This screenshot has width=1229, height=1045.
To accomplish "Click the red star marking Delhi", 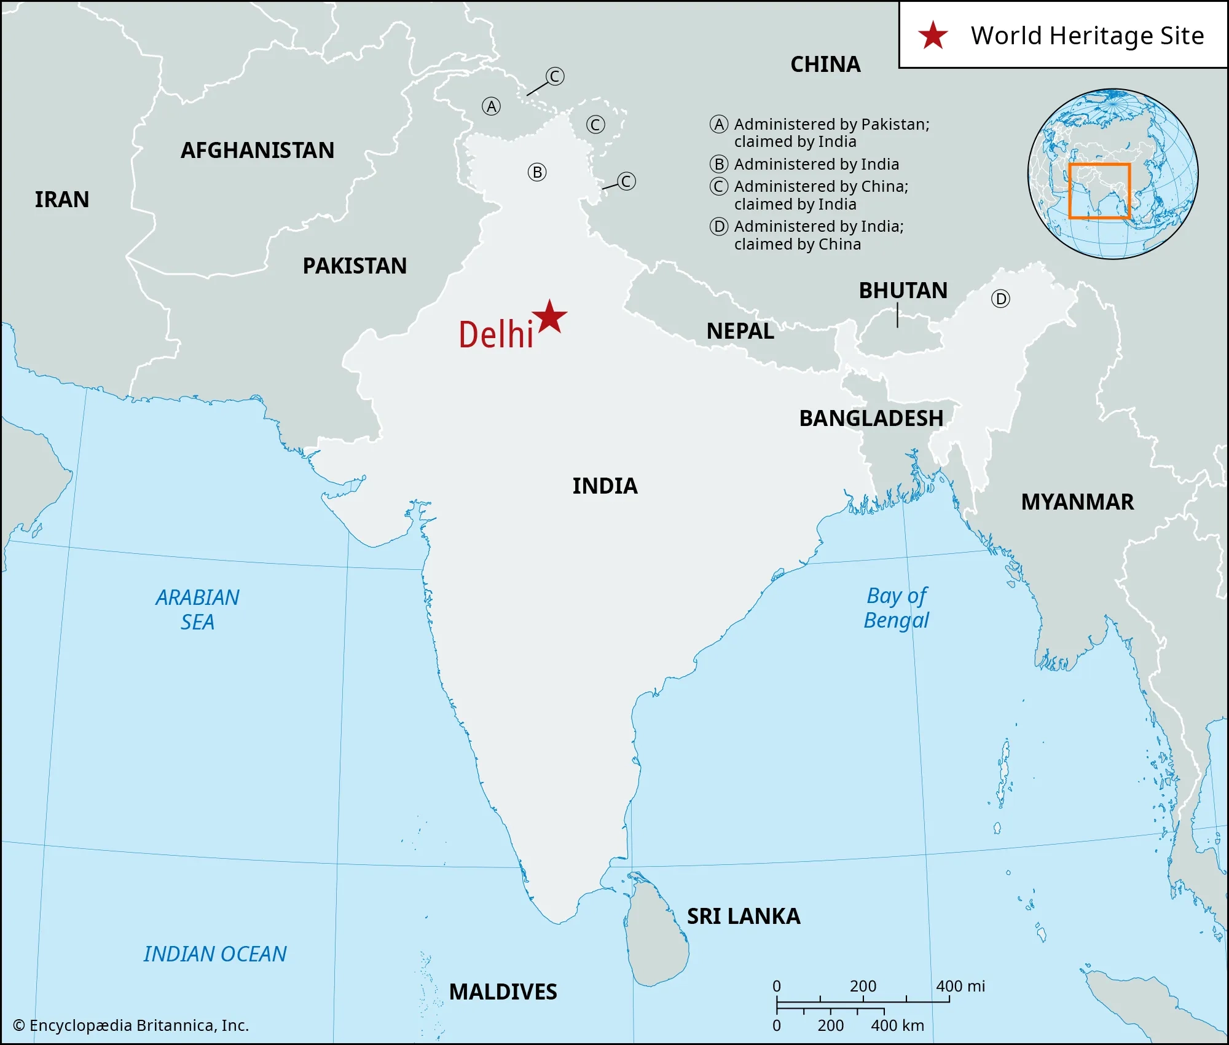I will pos(549,318).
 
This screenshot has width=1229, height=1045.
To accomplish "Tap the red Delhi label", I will pos(495,335).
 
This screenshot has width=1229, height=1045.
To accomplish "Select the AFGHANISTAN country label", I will pos(257,151).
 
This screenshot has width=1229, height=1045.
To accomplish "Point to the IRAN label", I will pos(61,200).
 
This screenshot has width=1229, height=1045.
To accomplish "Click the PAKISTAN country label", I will pos(355,266).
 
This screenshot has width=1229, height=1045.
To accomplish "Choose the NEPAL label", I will pos(740,331).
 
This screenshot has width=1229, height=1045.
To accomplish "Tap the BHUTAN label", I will pos(903,291).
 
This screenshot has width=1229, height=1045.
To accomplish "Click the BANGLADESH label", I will pos(871,419).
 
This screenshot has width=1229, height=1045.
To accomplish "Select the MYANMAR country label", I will pos(1077,502).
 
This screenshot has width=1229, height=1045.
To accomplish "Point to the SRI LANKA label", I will pos(744,917).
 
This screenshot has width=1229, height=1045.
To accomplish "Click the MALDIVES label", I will pos(503,992).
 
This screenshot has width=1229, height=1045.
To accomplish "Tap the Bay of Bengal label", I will pos(897,608).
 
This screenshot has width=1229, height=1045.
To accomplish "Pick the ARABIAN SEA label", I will pos(197,610).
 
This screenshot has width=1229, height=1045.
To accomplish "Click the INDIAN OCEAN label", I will pos(215,954).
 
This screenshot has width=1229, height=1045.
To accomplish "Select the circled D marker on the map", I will pos(1000,299).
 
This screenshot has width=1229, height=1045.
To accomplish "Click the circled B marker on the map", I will pos(537,173).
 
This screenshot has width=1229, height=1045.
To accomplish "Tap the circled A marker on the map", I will pos(491,107).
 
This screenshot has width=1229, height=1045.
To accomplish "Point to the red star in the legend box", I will pos(933,35).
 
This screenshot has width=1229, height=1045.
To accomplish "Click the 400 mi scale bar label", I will pos(960,987).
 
